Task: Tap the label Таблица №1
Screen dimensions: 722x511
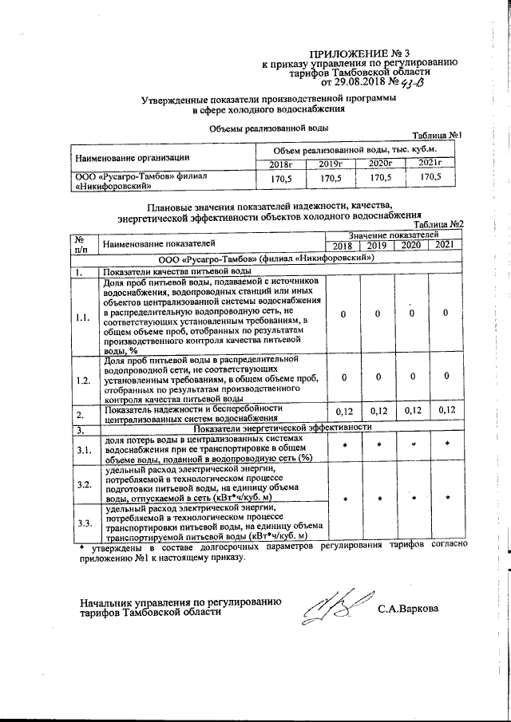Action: point(437,136)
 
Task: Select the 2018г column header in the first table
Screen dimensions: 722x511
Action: point(279,164)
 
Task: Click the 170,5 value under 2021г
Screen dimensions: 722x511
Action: point(430,178)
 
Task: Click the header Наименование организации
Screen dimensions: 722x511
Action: point(132,156)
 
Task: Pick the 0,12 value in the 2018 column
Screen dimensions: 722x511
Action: point(343,411)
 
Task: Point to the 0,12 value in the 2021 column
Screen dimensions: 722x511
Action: point(447,411)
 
